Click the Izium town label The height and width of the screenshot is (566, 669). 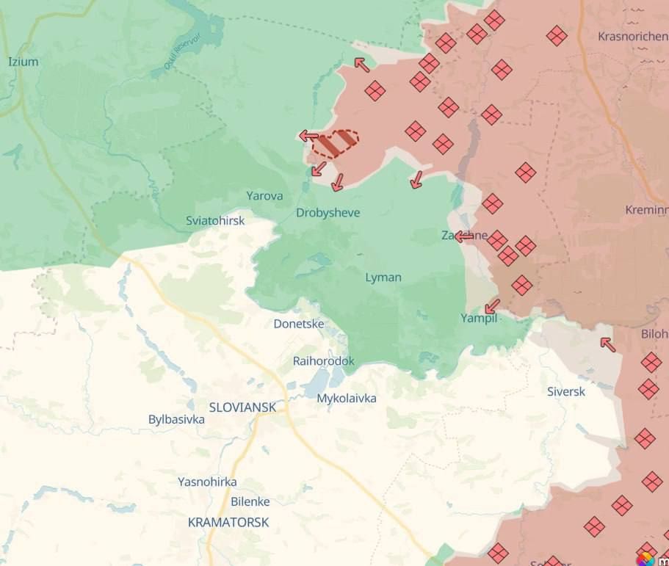point(23,62)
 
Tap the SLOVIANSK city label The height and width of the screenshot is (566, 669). point(242,407)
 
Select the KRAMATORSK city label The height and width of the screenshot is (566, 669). point(228,523)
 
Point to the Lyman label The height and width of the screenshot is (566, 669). point(383,277)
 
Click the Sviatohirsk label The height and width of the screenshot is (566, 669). point(215,220)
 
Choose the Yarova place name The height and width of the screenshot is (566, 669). point(264,196)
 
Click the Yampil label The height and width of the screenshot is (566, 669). point(478,318)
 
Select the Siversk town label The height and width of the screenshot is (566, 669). point(566,391)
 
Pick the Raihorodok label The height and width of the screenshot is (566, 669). point(323,361)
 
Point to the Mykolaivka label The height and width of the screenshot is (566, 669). point(347,398)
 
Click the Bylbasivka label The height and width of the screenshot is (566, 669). point(176,419)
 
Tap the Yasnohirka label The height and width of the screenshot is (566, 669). point(207,482)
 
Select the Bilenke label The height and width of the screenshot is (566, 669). point(250,501)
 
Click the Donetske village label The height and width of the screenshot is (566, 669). point(299,324)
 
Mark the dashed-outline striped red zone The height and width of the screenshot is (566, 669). point(335,143)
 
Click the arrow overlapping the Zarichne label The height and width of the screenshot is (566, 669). point(464,236)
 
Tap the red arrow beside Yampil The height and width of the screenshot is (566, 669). point(492,305)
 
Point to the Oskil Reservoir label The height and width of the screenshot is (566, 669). point(176,55)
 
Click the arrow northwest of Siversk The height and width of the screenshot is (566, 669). point(607,344)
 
